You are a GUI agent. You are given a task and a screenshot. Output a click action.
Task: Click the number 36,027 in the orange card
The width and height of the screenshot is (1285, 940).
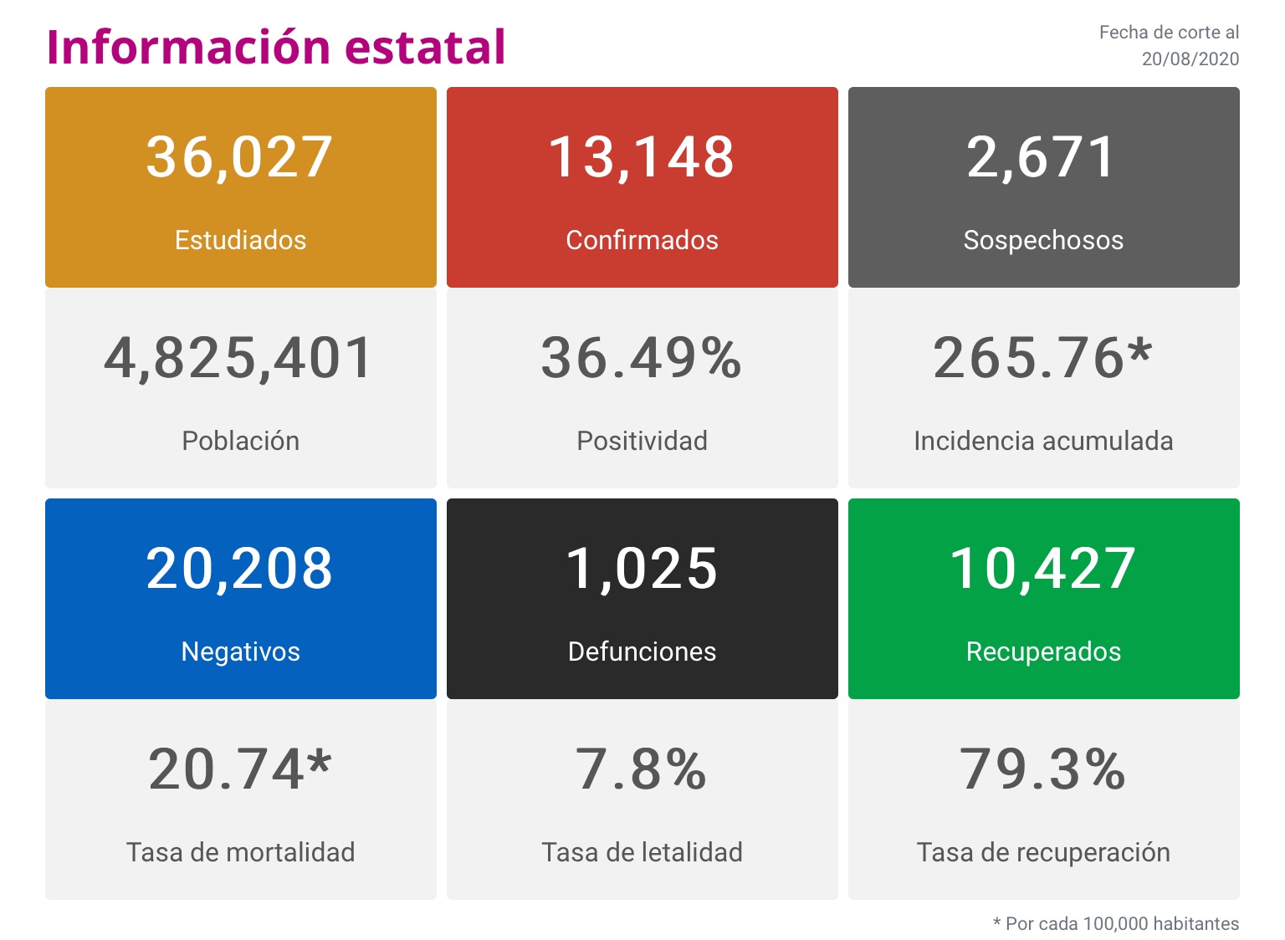coord(240,157)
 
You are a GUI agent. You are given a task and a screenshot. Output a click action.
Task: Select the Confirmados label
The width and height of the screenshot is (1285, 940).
coord(642,240)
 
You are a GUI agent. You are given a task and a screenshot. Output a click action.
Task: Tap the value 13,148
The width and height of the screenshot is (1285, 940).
coord(642,157)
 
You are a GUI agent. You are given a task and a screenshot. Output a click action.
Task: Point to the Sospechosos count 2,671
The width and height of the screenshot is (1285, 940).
coord(1042,157)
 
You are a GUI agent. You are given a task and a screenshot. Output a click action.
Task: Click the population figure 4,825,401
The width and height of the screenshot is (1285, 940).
coord(239,358)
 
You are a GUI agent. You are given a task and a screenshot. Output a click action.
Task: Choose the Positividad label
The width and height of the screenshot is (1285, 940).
coord(642,441)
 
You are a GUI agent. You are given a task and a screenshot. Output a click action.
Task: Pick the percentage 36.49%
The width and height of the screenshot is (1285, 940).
coord(642,358)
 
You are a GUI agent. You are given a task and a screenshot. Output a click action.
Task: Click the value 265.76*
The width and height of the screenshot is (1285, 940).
coord(1042,358)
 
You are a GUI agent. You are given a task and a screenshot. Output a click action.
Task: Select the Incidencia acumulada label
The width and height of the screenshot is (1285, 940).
coord(1043,441)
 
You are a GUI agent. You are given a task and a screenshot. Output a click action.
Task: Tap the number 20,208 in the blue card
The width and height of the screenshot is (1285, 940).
coord(240,569)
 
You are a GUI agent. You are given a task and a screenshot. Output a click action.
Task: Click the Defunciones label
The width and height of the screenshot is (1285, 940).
coord(642,651)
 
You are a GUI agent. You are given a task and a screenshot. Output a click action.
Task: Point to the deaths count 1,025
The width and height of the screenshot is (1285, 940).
coord(642,569)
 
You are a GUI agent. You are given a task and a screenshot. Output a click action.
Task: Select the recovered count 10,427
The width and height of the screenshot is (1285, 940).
coord(1043,569)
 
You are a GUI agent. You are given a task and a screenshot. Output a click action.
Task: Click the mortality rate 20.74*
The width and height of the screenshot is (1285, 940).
coord(240,769)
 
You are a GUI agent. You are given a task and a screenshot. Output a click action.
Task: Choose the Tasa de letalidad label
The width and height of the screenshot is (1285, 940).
coord(642,852)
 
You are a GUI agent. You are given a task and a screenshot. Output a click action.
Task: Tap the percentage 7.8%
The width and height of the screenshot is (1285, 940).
coord(642,769)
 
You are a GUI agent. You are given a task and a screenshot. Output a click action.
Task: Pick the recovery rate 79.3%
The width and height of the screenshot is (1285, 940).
coord(1043,769)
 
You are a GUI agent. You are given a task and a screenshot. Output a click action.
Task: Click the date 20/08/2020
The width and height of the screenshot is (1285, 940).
coord(1190,59)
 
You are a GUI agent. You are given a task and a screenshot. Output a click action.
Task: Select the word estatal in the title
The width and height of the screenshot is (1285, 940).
coord(425,47)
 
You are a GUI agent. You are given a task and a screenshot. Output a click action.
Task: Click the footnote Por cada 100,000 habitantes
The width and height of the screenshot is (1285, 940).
coord(1121,923)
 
